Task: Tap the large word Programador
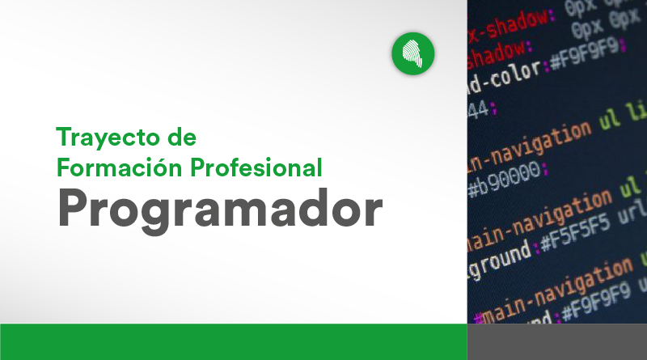coord(219,210)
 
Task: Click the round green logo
coord(413,54)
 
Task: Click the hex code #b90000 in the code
coord(505,172)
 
